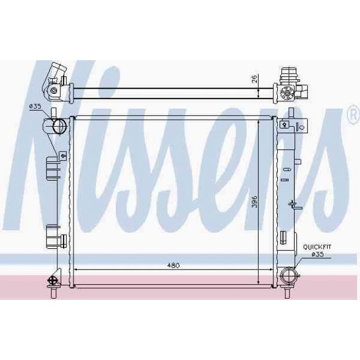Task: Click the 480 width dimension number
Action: click(x=173, y=266)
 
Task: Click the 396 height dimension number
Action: click(x=254, y=202)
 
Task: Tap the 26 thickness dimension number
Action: click(x=254, y=79)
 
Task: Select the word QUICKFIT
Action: click(x=317, y=247)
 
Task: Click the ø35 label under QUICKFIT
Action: click(x=318, y=254)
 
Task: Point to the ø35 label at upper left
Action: click(x=35, y=106)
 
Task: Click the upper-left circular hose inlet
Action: click(x=59, y=126)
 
